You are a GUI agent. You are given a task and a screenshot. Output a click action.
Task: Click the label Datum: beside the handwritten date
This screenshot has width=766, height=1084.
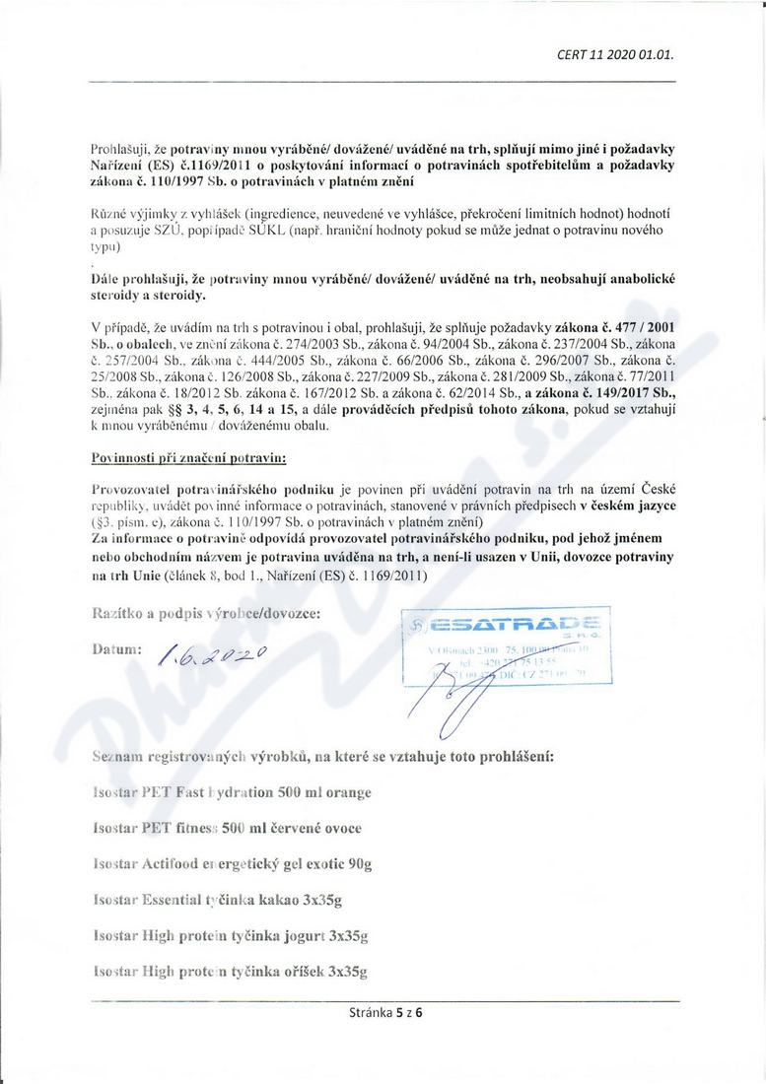coord(117,651)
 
